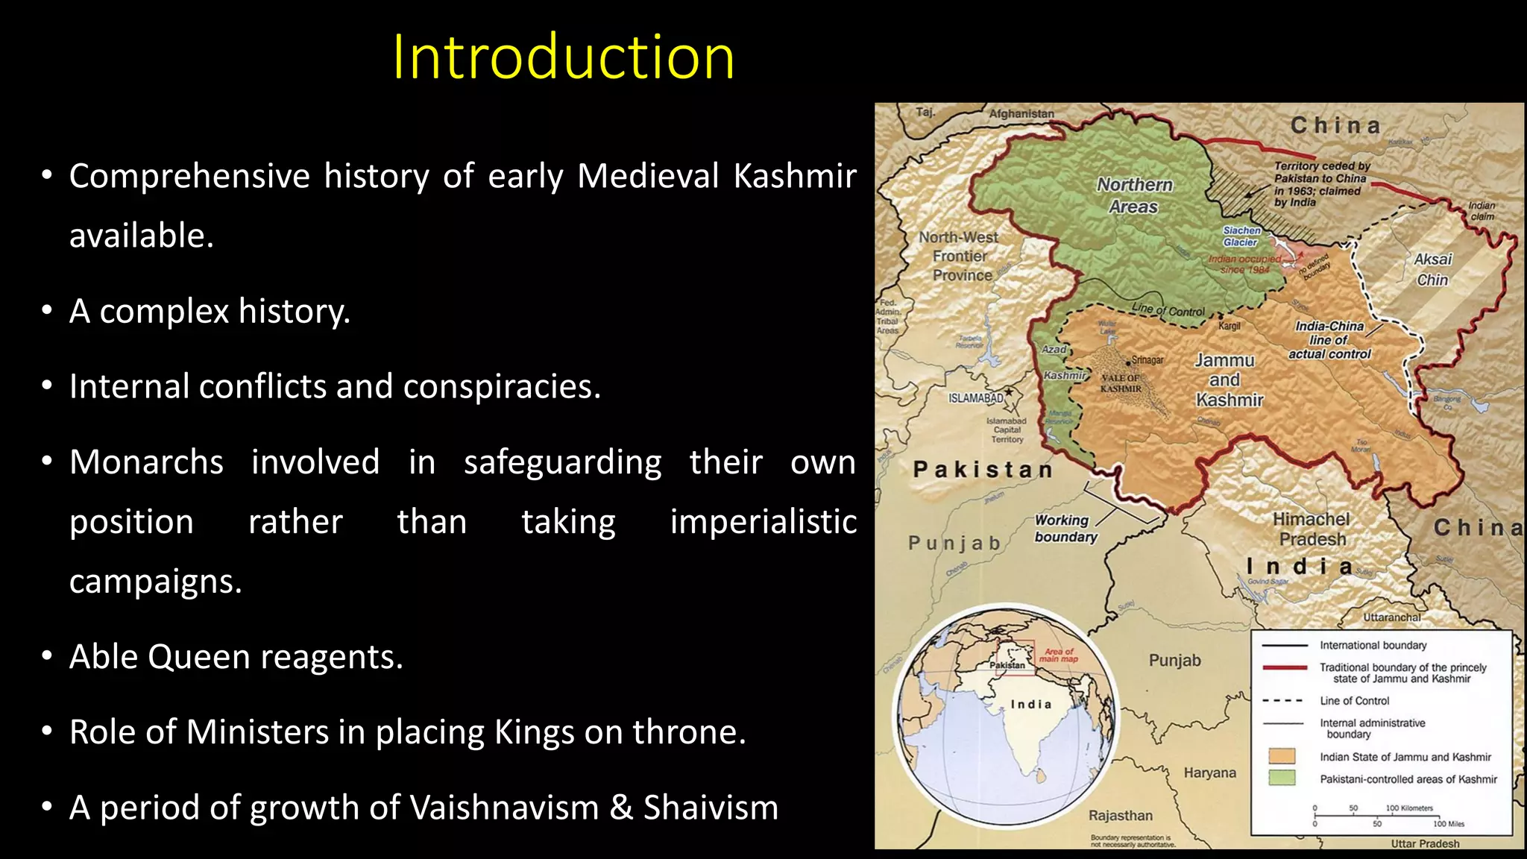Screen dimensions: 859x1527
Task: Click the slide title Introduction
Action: click(x=563, y=57)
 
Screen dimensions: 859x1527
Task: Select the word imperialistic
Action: click(x=763, y=521)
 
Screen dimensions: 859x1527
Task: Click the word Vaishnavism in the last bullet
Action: click(x=504, y=808)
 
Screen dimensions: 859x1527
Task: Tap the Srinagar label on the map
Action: click(x=1147, y=360)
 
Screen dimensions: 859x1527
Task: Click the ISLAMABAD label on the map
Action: click(x=975, y=398)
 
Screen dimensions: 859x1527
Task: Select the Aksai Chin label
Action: click(x=1432, y=269)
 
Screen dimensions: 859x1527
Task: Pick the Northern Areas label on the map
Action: click(x=1134, y=195)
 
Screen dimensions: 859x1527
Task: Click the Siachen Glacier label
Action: click(x=1241, y=236)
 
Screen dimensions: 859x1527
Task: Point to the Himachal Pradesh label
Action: click(x=1312, y=529)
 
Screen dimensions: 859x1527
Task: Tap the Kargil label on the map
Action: click(x=1229, y=326)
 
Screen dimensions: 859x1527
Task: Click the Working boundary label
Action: click(x=1065, y=528)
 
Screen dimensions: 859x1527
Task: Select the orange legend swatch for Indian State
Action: click(x=1282, y=756)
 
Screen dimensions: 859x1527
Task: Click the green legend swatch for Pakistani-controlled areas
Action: click(x=1282, y=778)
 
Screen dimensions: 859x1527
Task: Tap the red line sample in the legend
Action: click(x=1284, y=667)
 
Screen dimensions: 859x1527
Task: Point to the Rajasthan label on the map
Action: click(x=1120, y=816)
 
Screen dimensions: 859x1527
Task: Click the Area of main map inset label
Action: click(x=1058, y=655)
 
